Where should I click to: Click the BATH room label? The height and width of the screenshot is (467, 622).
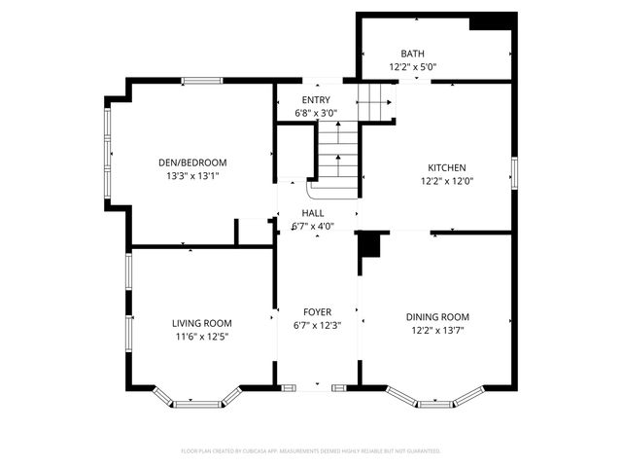click(x=413, y=54)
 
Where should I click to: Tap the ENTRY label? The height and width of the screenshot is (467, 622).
click(x=316, y=100)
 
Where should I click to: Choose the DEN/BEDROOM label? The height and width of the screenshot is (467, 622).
click(x=192, y=162)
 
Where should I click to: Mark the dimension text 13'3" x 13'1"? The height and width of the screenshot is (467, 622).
click(x=192, y=176)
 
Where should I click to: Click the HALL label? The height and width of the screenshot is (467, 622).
click(x=313, y=213)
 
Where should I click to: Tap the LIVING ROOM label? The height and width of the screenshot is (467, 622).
click(x=202, y=324)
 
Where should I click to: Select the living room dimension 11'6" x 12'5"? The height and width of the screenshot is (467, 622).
click(x=202, y=338)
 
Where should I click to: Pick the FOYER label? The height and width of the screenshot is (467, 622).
click(x=318, y=312)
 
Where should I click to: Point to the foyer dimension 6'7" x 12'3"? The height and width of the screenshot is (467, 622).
click(x=318, y=325)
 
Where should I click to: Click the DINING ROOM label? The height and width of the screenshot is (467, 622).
click(x=437, y=317)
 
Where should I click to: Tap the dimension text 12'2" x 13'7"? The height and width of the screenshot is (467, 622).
click(x=437, y=331)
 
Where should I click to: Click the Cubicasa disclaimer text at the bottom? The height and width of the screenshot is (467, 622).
click(x=311, y=451)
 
